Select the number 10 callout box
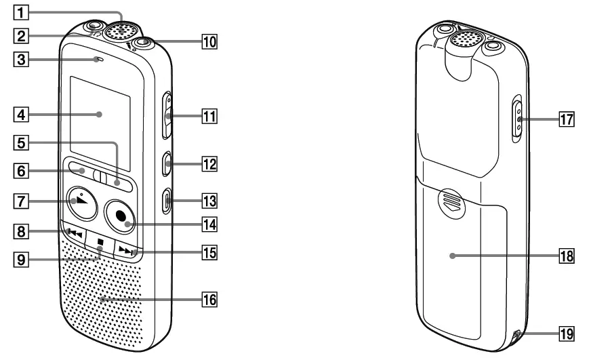[210, 42]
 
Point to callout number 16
[210, 298]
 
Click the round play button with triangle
[83, 202]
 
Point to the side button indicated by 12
[168, 163]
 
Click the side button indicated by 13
[168, 201]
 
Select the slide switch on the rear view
[517, 119]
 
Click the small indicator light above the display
[99, 60]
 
